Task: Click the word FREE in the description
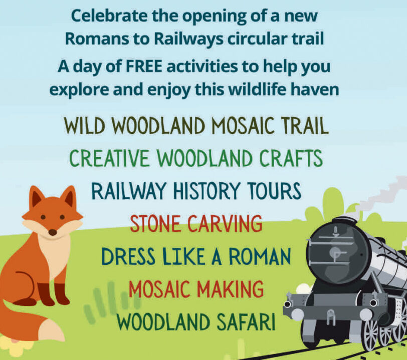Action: click(144, 67)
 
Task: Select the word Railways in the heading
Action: click(188, 39)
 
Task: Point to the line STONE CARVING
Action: click(196, 224)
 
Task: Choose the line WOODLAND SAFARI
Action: click(195, 321)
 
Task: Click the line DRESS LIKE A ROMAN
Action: click(196, 256)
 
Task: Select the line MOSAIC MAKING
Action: click(196, 289)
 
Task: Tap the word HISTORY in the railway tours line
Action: click(206, 191)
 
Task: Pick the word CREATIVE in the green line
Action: click(109, 159)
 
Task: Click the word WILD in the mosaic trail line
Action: click(84, 126)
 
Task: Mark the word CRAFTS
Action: click(291, 159)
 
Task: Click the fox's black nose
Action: click(53, 232)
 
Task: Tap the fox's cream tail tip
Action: click(52, 329)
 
